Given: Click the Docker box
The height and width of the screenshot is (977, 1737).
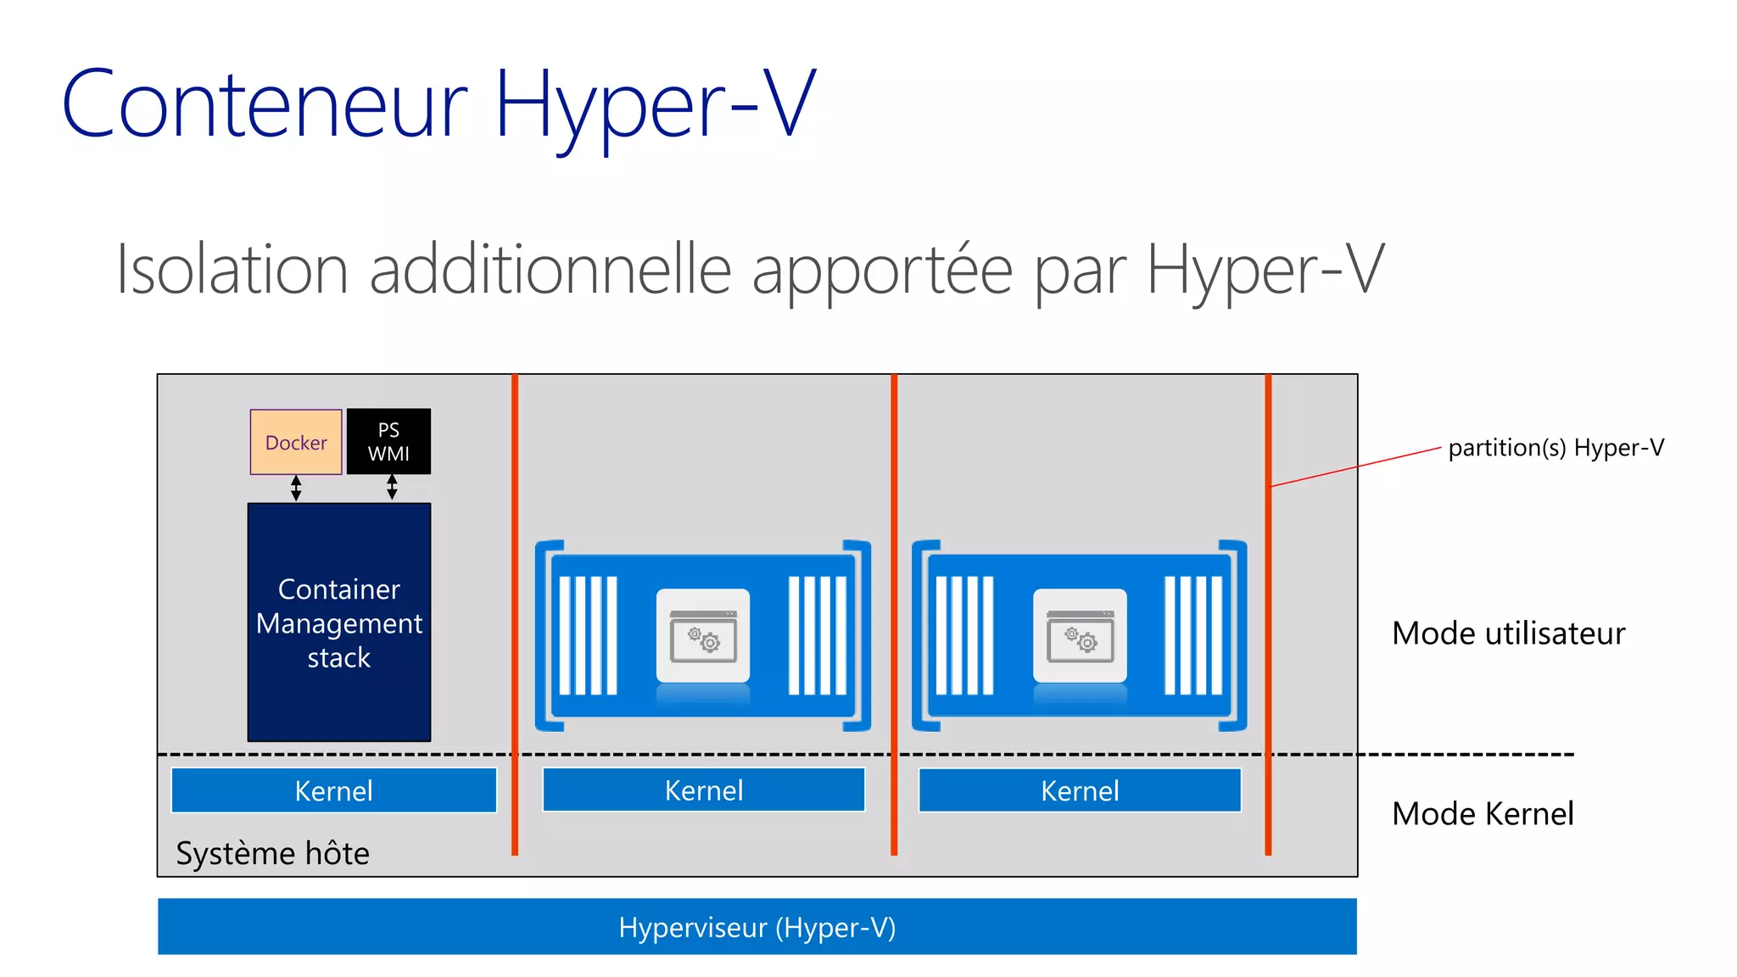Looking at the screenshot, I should click(296, 442).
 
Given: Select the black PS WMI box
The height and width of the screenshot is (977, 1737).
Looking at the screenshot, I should click(388, 442).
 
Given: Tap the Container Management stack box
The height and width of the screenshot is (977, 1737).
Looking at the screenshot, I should click(339, 622).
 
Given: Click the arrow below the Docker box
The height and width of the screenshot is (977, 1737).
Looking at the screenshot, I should click(296, 488).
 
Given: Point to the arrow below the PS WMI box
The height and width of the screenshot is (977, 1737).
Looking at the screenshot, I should click(392, 488).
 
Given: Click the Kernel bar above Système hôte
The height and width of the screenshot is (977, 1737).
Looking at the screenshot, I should click(333, 790).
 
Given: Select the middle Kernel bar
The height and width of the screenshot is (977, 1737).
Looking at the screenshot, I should click(704, 790).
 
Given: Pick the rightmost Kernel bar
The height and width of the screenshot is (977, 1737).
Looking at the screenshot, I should click(1080, 790).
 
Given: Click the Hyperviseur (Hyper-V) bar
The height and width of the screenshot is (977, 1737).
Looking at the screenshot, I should click(757, 927).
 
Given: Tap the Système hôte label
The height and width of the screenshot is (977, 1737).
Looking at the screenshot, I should click(272, 853).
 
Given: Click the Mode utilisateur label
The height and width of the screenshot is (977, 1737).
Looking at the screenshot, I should click(1508, 634).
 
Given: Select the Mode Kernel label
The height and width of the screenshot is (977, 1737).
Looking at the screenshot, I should click(1483, 814).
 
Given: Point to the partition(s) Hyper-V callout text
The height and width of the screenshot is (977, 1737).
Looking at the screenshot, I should click(1555, 448).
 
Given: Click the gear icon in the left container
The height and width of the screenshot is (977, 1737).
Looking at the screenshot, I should click(703, 636).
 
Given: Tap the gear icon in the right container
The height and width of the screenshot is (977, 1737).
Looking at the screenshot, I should click(1080, 636).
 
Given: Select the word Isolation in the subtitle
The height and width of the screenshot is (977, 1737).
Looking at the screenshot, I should click(232, 270).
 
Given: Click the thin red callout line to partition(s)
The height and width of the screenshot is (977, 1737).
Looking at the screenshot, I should click(1357, 466).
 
